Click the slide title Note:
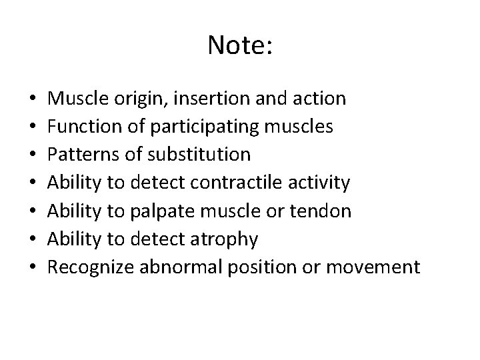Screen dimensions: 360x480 [239, 46]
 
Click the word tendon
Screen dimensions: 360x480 [323, 211]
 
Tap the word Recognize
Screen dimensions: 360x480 [91, 268]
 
